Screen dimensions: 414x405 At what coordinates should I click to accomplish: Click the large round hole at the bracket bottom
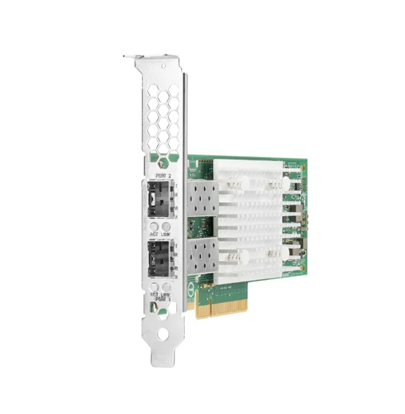[162, 334]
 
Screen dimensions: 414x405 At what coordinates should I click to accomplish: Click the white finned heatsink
[254, 218]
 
